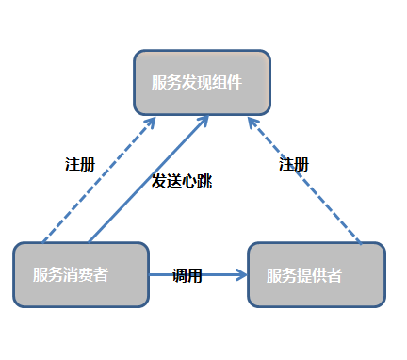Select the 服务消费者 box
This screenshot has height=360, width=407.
pyautogui.click(x=81, y=274)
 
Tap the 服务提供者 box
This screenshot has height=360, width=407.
pyautogui.click(x=317, y=275)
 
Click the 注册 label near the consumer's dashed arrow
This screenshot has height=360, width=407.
pyautogui.click(x=80, y=164)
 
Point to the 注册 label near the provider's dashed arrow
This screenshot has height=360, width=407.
pyautogui.click(x=294, y=164)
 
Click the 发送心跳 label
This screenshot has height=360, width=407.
pyautogui.click(x=182, y=181)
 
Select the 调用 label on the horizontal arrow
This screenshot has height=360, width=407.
pyautogui.click(x=187, y=276)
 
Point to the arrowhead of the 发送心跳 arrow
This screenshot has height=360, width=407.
pyautogui.click(x=204, y=121)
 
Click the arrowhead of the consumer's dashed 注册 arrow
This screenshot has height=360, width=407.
pyautogui.click(x=151, y=122)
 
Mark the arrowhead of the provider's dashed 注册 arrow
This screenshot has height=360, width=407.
pyautogui.click(x=252, y=123)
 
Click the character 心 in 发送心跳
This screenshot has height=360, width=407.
pyautogui.click(x=188, y=181)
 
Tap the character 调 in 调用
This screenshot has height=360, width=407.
pyautogui.click(x=180, y=276)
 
